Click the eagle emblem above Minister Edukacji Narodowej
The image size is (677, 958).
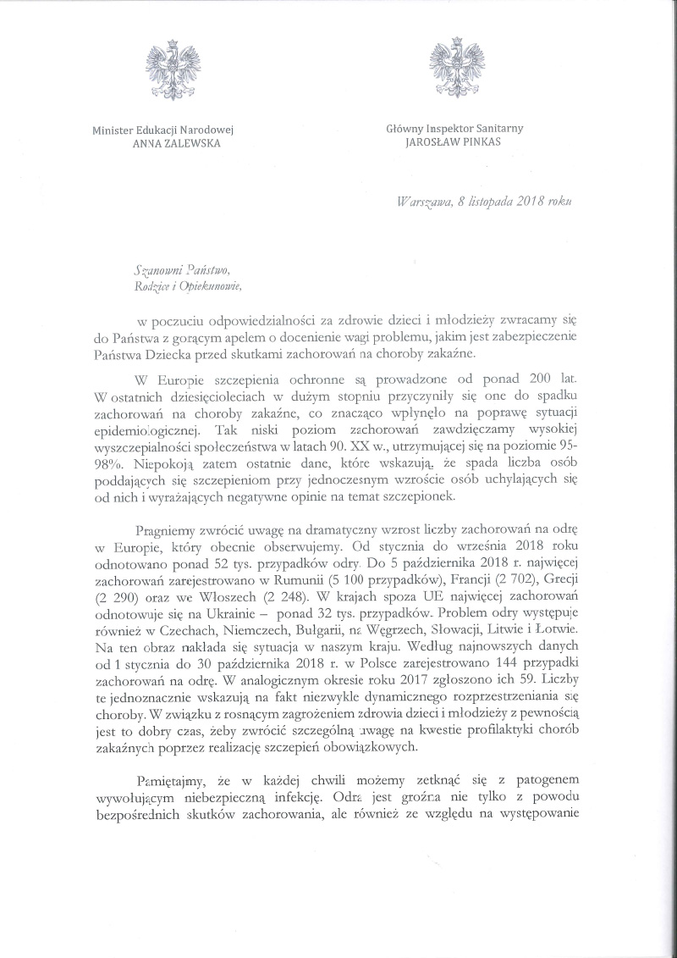(x=173, y=67)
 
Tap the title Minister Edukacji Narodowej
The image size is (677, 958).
(x=163, y=129)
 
